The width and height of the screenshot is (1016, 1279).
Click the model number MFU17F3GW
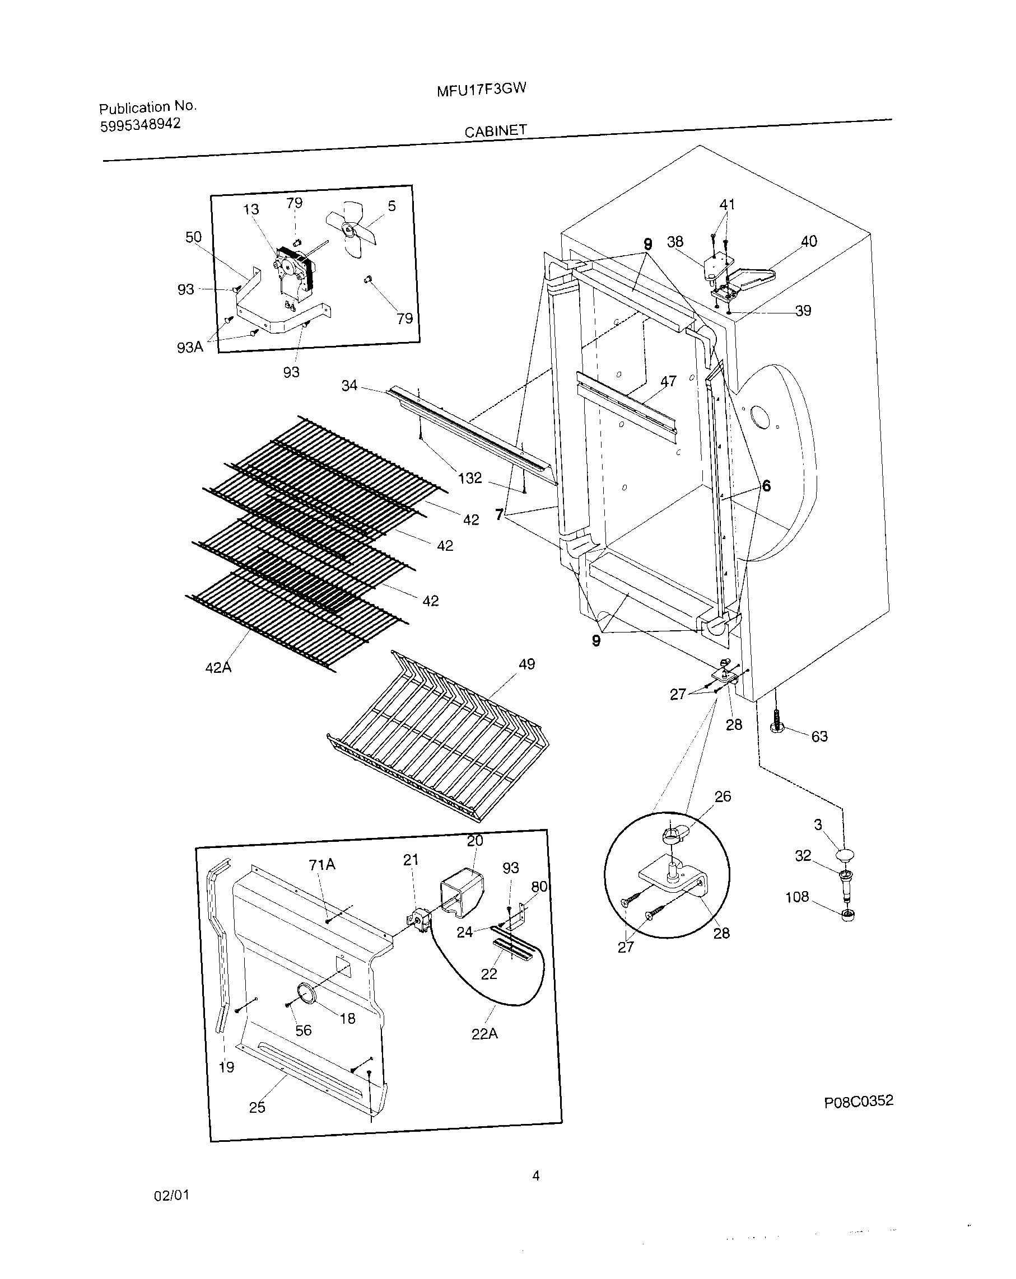point(481,90)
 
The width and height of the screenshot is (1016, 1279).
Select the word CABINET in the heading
point(495,131)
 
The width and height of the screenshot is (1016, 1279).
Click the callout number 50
point(193,237)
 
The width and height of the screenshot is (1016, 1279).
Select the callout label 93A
point(190,347)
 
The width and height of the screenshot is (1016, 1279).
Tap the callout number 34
point(349,386)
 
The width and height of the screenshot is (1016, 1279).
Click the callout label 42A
point(218,667)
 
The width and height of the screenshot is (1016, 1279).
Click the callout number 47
point(668,381)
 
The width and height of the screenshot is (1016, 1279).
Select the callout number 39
point(803,311)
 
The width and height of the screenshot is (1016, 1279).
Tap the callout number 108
point(796,896)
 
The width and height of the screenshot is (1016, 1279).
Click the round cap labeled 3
point(845,855)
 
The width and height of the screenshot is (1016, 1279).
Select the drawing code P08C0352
point(858,1101)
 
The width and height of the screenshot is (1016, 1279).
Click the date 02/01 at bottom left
point(171,1196)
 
